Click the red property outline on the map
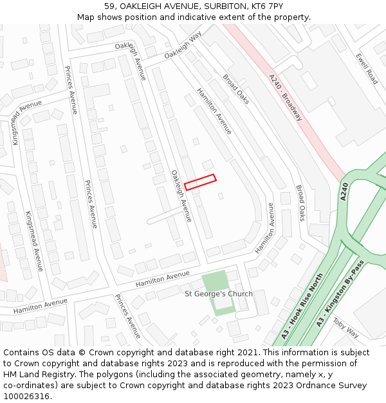(x=200, y=182)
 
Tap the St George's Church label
(x=219, y=294)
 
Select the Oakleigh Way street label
(x=183, y=46)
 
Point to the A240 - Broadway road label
(x=286, y=97)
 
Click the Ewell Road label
(x=367, y=68)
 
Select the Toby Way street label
(x=345, y=331)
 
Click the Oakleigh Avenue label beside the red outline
(x=181, y=196)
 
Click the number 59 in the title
(x=109, y=6)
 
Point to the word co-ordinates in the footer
(x=30, y=386)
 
